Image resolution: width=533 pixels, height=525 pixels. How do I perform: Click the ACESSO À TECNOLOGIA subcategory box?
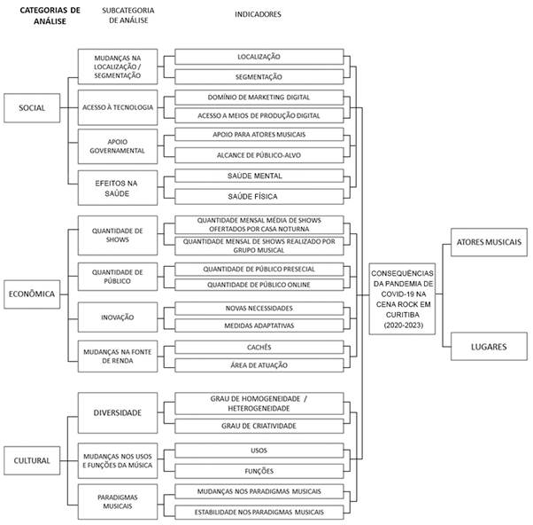(x=118, y=107)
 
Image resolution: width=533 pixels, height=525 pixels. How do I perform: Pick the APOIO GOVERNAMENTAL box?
(x=118, y=145)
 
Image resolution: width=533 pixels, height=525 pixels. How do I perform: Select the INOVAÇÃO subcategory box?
(x=118, y=316)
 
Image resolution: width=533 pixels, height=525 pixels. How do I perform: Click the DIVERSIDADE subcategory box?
(x=118, y=412)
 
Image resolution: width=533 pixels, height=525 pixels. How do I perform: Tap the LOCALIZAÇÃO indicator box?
(x=259, y=56)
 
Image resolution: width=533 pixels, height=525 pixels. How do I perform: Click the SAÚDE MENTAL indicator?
(x=259, y=176)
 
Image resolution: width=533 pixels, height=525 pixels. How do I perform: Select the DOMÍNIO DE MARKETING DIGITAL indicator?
(x=259, y=97)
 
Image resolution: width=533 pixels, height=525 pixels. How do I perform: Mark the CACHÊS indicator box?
(x=259, y=347)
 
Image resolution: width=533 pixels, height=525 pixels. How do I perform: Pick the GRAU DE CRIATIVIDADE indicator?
(x=259, y=427)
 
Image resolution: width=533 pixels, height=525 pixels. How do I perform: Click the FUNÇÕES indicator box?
(x=259, y=471)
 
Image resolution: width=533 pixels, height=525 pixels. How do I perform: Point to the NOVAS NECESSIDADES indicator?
(x=259, y=307)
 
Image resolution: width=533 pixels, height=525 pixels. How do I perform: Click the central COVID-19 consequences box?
(x=404, y=299)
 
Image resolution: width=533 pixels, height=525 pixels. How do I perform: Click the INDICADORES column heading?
(x=259, y=15)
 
